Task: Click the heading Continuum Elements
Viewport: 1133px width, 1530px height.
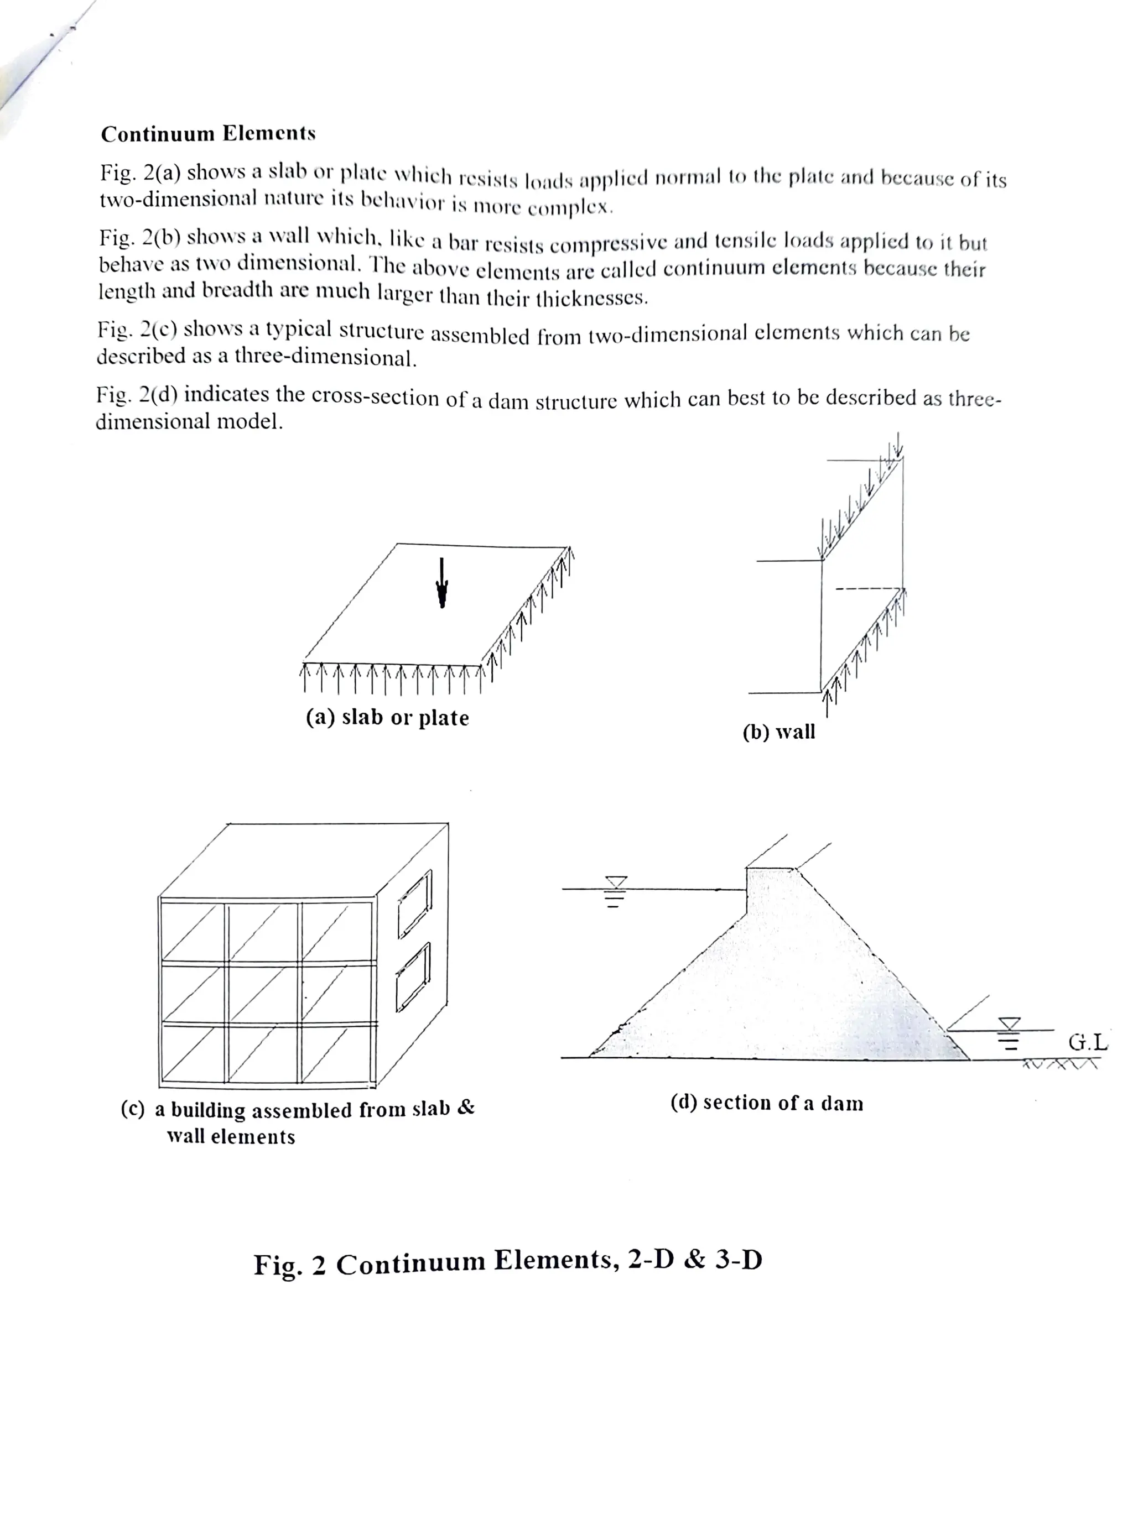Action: pos(208,133)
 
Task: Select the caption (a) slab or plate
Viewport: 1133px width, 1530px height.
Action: pos(387,717)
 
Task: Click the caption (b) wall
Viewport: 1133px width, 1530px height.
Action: pos(778,732)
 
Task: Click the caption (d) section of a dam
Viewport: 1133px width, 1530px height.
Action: pos(766,1103)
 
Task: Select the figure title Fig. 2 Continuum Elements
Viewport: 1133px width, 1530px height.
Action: pos(507,1260)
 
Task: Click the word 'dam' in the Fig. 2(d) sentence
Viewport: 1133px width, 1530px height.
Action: pos(509,400)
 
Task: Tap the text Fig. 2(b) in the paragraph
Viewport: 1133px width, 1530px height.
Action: pos(140,237)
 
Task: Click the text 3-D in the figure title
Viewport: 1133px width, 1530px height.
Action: pos(739,1259)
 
